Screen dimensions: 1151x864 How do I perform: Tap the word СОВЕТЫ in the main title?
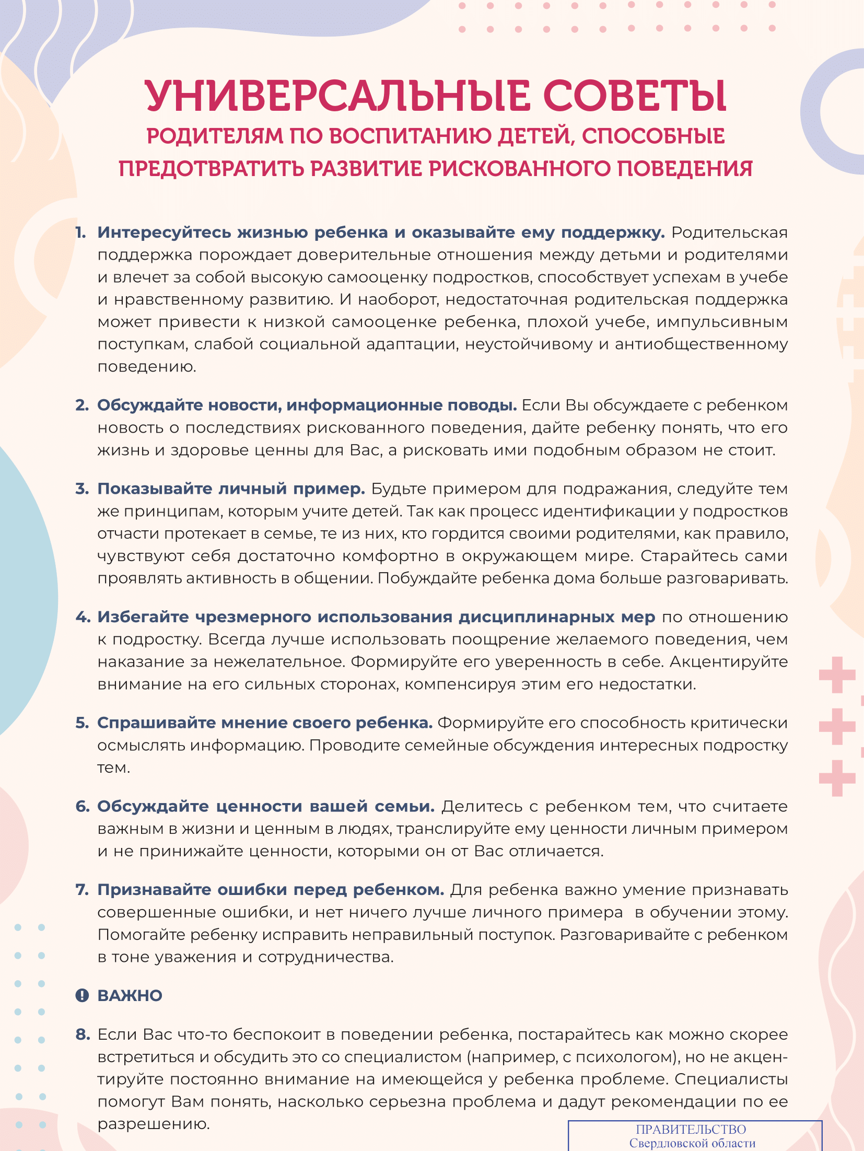pyautogui.click(x=634, y=96)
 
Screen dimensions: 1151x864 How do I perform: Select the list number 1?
pyautogui.click(x=80, y=232)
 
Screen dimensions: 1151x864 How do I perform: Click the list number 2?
pyautogui.click(x=81, y=405)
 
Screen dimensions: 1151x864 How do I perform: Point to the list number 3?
pyautogui.click(x=81, y=489)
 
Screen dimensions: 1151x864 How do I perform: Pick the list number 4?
pyautogui.click(x=83, y=617)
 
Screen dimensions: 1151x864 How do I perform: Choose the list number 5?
pyautogui.click(x=82, y=723)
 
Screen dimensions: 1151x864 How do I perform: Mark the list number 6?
pyautogui.click(x=83, y=807)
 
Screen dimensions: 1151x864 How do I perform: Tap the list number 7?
pyautogui.click(x=82, y=890)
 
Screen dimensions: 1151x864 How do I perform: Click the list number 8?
pyautogui.click(x=83, y=1034)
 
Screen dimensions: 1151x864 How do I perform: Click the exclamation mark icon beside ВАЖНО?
pyautogui.click(x=82, y=996)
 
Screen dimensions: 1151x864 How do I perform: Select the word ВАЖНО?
pyautogui.click(x=130, y=996)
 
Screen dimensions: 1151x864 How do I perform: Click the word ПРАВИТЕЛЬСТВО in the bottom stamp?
pyautogui.click(x=691, y=1130)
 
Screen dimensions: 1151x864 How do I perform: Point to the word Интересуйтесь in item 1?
pyautogui.click(x=164, y=232)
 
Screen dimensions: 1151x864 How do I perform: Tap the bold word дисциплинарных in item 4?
pyautogui.click(x=536, y=617)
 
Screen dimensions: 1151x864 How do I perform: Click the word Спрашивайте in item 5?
pyautogui.click(x=156, y=723)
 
